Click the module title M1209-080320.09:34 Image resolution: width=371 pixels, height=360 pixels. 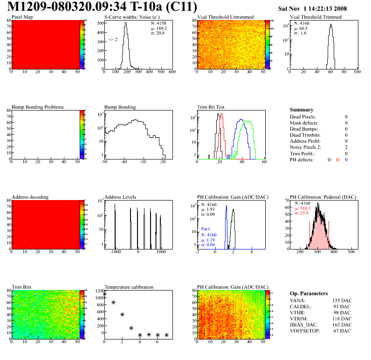(x=75, y=7)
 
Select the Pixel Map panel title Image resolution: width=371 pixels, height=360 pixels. (x=22, y=17)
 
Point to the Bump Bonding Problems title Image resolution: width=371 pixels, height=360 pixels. (x=37, y=107)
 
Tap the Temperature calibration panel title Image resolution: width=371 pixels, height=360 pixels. (x=129, y=287)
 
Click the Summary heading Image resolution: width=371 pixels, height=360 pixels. (x=302, y=110)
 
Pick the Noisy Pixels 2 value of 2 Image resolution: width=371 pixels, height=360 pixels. (x=346, y=147)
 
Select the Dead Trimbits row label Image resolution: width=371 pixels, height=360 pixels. (x=305, y=135)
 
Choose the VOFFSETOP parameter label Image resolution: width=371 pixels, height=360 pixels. (x=306, y=331)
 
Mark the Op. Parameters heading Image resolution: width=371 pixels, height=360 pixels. (x=309, y=293)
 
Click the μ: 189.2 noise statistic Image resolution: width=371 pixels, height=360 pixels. (x=159, y=28)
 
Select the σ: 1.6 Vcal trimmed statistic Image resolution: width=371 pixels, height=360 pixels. (x=300, y=33)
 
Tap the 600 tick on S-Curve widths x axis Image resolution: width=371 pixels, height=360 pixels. (x=172, y=72)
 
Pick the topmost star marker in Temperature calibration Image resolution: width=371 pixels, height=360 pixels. (x=104, y=294)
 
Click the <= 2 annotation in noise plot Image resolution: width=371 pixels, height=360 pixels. (x=112, y=40)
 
